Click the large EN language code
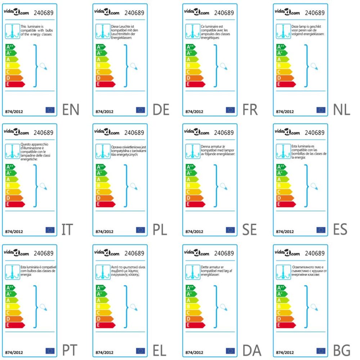71,109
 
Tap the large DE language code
161,109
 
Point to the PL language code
158,230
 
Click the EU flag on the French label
230,110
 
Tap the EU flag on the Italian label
50,230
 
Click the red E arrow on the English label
15,84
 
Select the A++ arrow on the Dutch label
281,47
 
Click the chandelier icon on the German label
103,31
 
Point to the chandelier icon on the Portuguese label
12,272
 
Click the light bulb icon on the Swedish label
224,186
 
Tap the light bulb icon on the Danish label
224,307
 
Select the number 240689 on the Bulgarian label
315,253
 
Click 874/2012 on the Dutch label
284,112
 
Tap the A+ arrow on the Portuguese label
11,294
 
